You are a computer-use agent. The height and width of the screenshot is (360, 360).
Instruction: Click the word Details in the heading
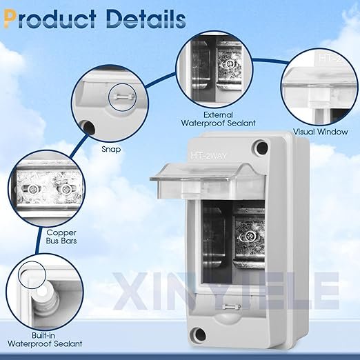click(146, 19)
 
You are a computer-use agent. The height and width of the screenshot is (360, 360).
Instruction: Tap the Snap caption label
click(111, 150)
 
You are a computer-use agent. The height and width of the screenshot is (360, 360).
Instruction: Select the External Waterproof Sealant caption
click(218, 119)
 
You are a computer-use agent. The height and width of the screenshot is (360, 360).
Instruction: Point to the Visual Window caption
click(321, 132)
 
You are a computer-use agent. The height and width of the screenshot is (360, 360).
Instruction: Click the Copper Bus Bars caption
click(61, 237)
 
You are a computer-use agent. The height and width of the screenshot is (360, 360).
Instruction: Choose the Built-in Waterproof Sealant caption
click(45, 339)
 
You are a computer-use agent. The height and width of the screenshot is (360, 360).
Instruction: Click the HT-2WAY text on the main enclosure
click(208, 156)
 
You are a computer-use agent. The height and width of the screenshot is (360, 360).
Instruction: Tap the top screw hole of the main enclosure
click(262, 148)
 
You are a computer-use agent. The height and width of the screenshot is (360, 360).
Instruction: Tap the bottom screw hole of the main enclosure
click(199, 334)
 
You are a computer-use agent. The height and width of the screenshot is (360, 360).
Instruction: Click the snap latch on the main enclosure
click(232, 306)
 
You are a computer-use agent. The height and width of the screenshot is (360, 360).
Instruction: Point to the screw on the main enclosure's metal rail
click(249, 237)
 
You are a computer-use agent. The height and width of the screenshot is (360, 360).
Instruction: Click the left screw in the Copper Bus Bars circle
click(34, 189)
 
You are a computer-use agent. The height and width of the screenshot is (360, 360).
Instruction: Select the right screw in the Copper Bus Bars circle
click(66, 189)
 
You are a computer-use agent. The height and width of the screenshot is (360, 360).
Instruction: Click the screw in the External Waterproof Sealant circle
click(229, 64)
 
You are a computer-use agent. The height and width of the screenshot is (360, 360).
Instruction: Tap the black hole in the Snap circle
click(89, 128)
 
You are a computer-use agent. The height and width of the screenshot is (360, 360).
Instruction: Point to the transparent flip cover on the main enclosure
click(208, 181)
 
